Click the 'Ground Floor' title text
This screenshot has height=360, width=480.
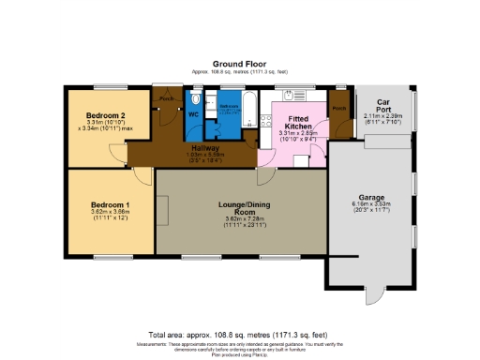click(240, 63)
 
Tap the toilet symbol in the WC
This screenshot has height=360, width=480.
click(196, 97)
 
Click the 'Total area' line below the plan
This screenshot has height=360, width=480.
click(240, 335)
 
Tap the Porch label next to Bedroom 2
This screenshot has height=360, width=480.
click(168, 99)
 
